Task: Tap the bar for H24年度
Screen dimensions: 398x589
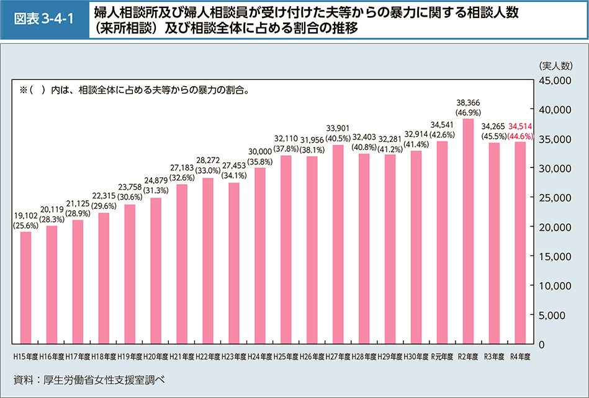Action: pyautogui.click(x=260, y=255)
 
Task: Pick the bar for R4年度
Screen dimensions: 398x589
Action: pyautogui.click(x=520, y=242)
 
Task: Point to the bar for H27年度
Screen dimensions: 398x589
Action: pyautogui.click(x=338, y=244)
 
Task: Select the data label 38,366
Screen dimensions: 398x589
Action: pyautogui.click(x=468, y=102)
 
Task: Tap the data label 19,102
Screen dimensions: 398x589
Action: pyautogui.click(x=25, y=216)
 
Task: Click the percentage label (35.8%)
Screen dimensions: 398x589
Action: pyautogui.click(x=260, y=162)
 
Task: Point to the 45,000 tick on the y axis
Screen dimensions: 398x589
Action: pyautogui.click(x=551, y=80)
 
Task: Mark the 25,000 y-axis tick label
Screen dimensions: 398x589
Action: pyautogui.click(x=551, y=197)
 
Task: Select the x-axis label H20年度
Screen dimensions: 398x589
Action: pyautogui.click(x=156, y=357)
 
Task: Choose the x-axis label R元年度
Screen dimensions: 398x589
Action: pyautogui.click(x=443, y=357)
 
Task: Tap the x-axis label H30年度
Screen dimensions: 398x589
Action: pyautogui.click(x=416, y=357)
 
